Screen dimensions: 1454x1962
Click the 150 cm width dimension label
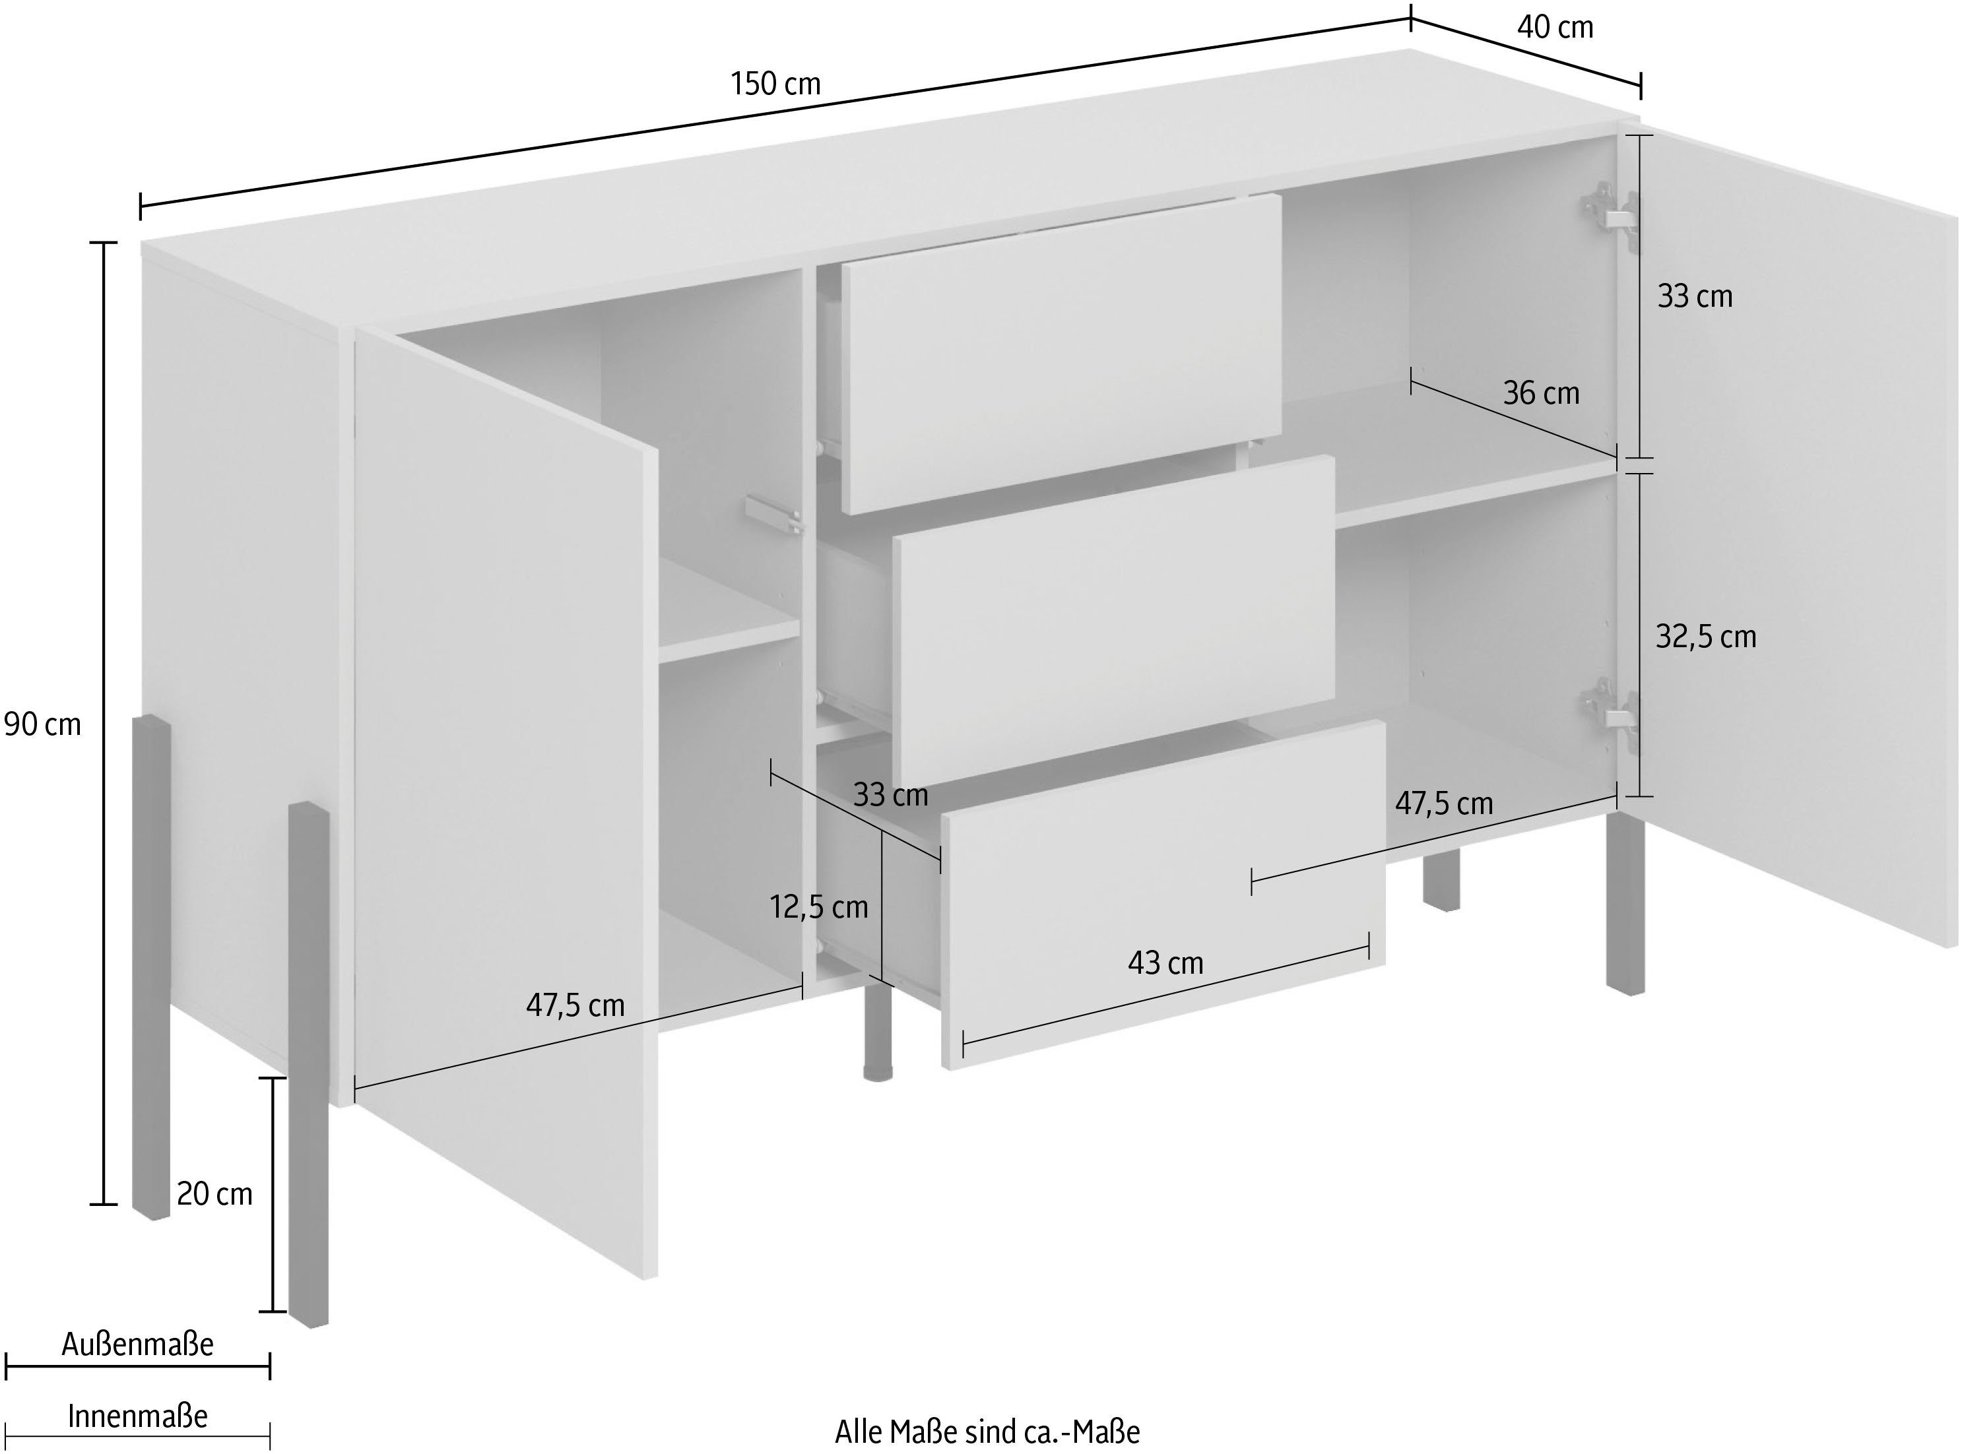click(x=775, y=84)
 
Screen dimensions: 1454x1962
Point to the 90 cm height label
click(x=42, y=724)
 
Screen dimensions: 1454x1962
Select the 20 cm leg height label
click(x=214, y=1194)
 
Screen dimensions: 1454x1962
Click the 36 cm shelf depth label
click(x=1540, y=393)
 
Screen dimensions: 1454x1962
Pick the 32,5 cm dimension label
click(x=1705, y=637)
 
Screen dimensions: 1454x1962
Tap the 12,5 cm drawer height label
click(x=818, y=906)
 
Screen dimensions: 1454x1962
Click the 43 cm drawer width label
click(x=1165, y=963)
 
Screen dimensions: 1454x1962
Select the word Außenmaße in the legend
click(x=138, y=1344)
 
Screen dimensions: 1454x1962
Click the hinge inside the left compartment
click(x=772, y=514)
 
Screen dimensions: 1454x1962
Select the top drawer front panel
click(x=1061, y=352)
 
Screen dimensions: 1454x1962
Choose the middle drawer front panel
click(x=1113, y=619)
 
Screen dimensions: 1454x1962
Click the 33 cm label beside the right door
click(x=1695, y=297)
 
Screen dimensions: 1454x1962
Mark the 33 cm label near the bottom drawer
click(x=890, y=796)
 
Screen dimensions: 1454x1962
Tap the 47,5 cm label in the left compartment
click(x=575, y=1004)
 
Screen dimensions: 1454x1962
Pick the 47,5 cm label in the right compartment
click(x=1443, y=804)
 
